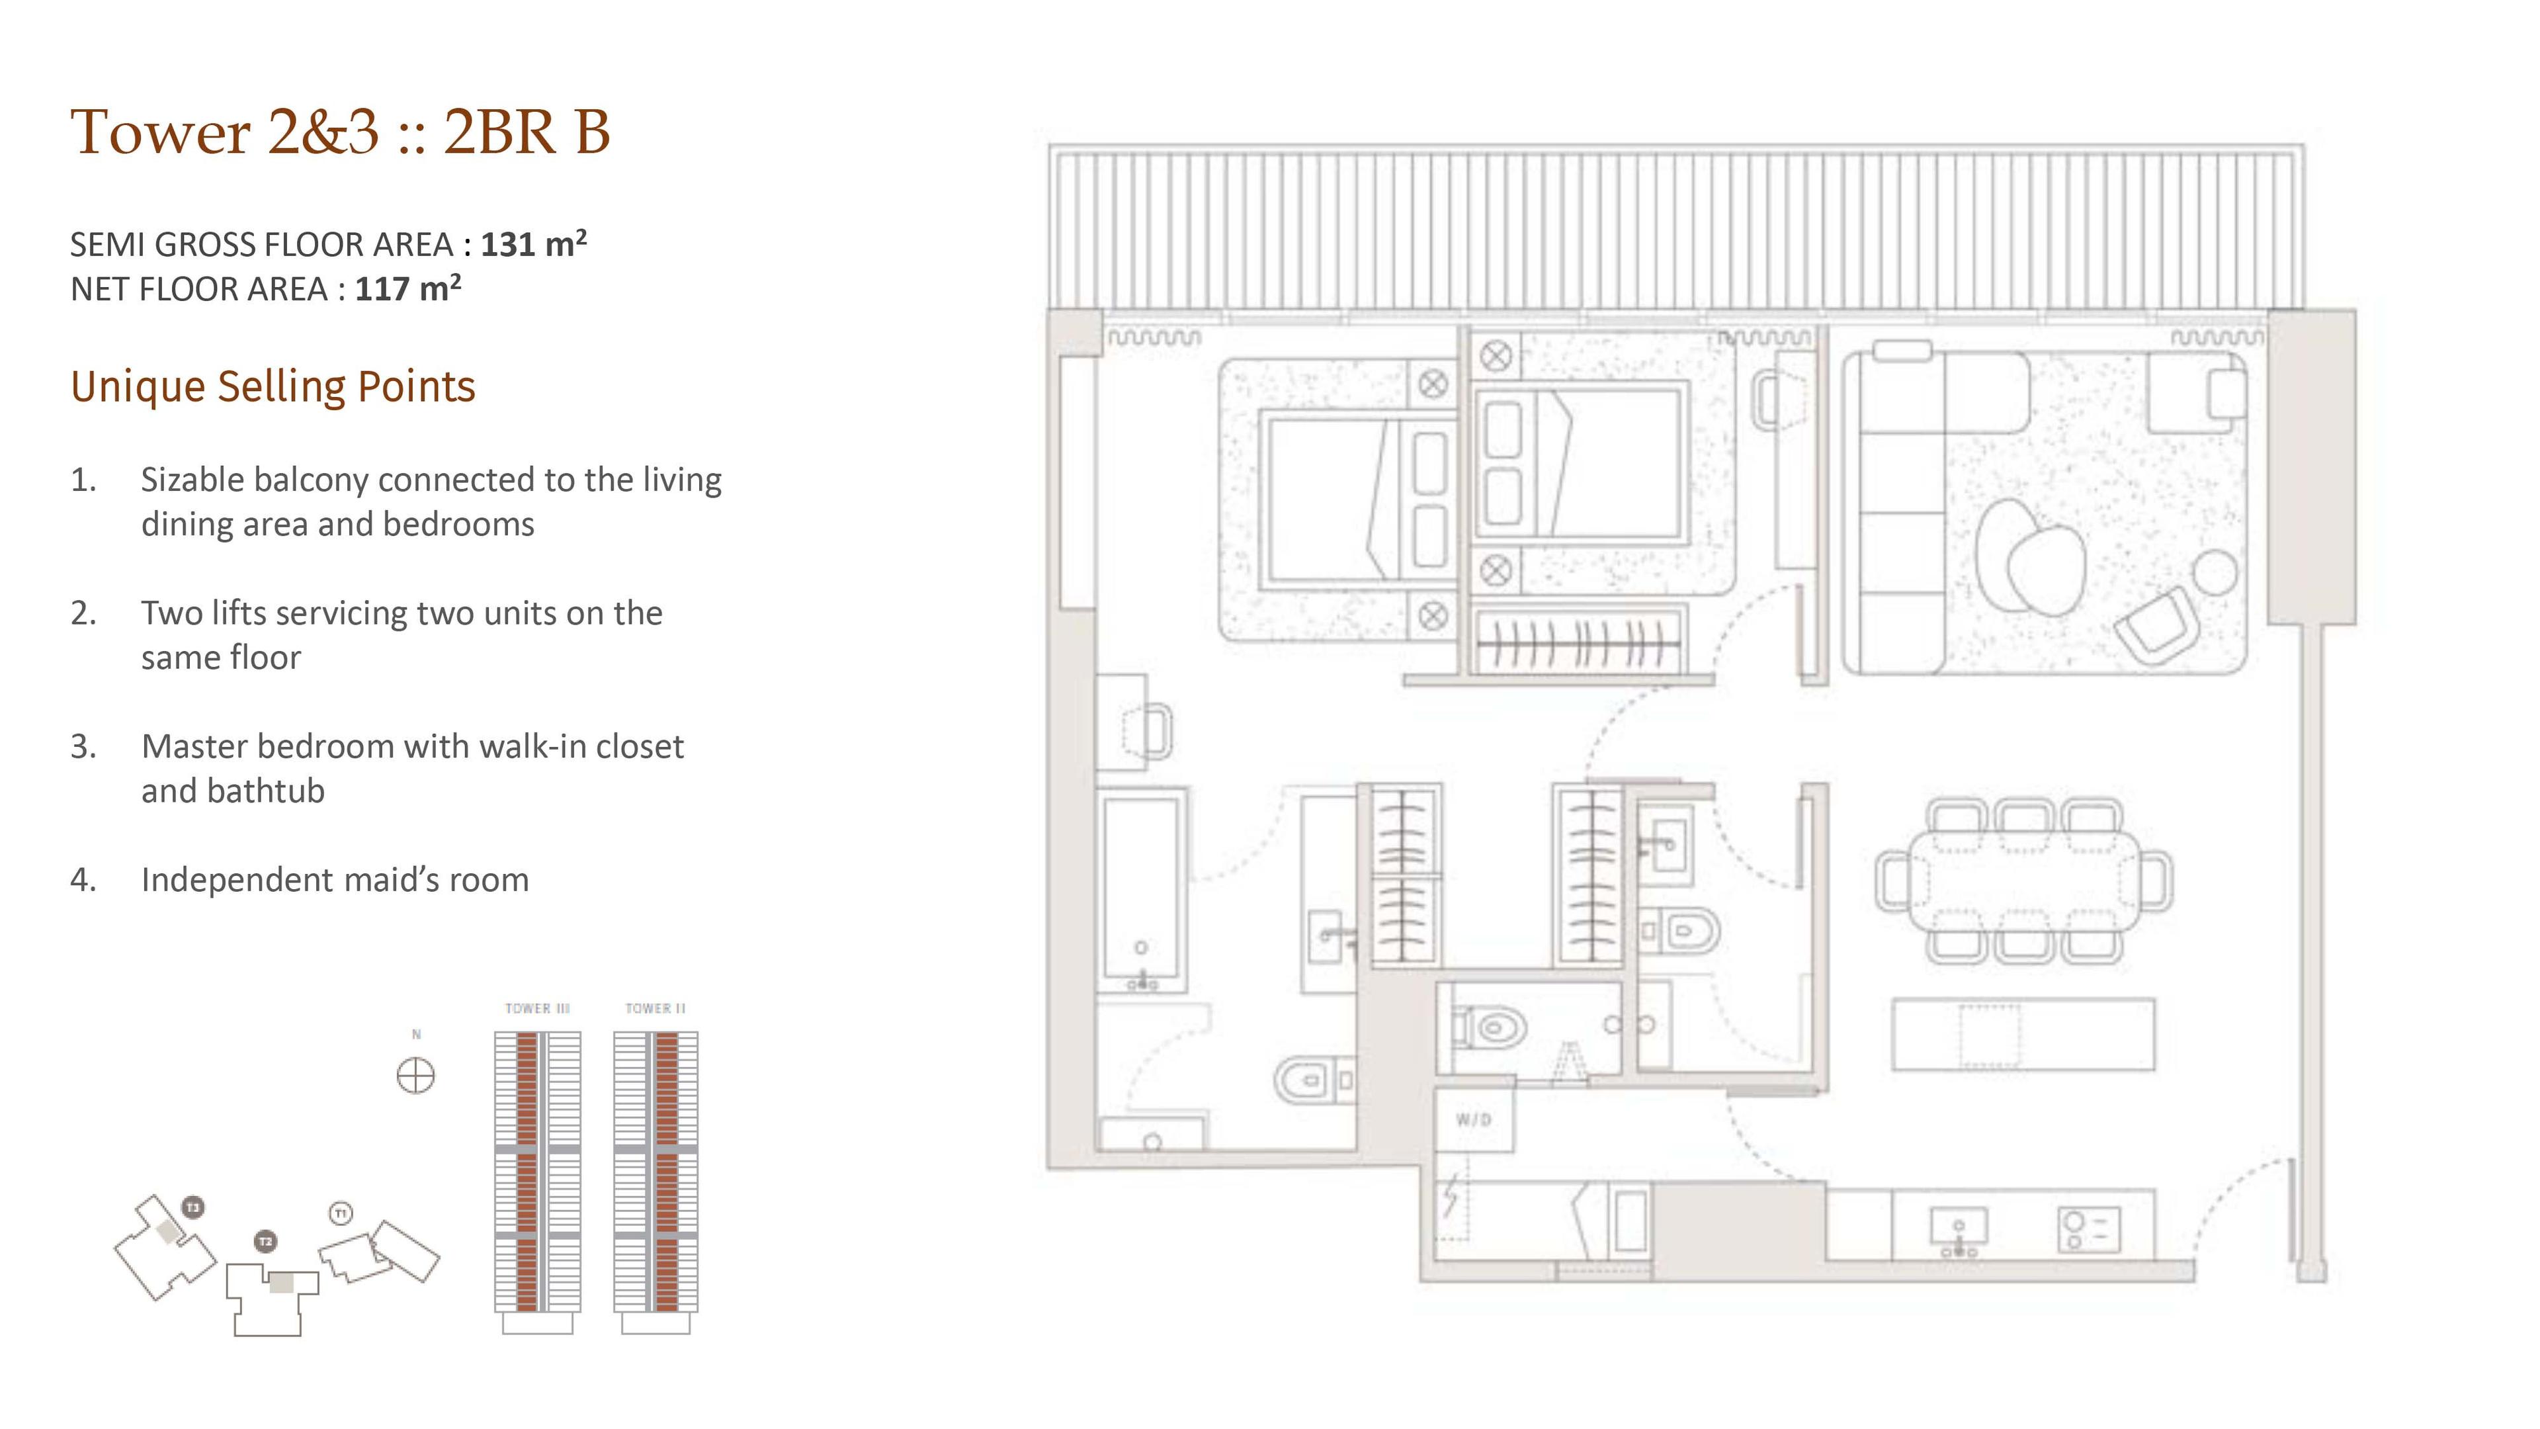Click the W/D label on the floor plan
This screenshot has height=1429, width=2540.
1473,1119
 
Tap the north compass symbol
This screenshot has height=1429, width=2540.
415,1075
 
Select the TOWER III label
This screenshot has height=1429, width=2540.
537,1008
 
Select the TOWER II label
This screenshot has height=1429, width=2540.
656,1008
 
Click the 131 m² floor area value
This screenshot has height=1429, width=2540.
533,243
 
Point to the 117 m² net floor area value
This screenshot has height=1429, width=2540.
408,288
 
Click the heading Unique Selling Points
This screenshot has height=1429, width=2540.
273,386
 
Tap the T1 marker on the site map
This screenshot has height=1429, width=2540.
341,1213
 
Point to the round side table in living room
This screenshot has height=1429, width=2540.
2216,572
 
